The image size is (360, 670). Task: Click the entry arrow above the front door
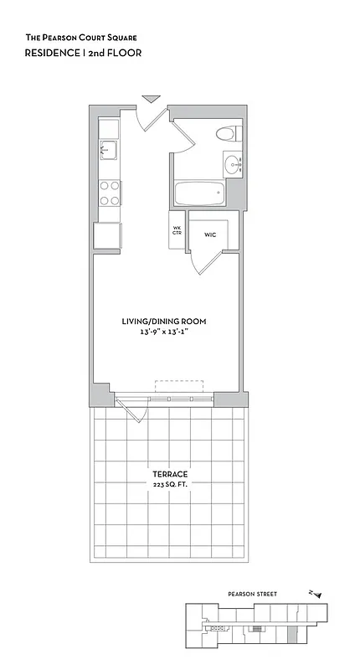(x=151, y=100)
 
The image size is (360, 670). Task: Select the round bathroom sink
(x=232, y=164)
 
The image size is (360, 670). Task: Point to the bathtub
(x=199, y=195)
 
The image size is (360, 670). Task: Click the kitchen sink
(x=109, y=151)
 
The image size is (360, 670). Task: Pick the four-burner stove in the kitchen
(x=109, y=193)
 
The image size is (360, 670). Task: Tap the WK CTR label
(x=177, y=230)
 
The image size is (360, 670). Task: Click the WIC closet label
(x=210, y=235)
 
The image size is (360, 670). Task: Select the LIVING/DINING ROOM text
(x=164, y=322)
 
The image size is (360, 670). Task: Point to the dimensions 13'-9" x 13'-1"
(x=164, y=332)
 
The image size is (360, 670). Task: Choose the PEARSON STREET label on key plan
(x=252, y=594)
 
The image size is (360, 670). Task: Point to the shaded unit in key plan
(x=292, y=636)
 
